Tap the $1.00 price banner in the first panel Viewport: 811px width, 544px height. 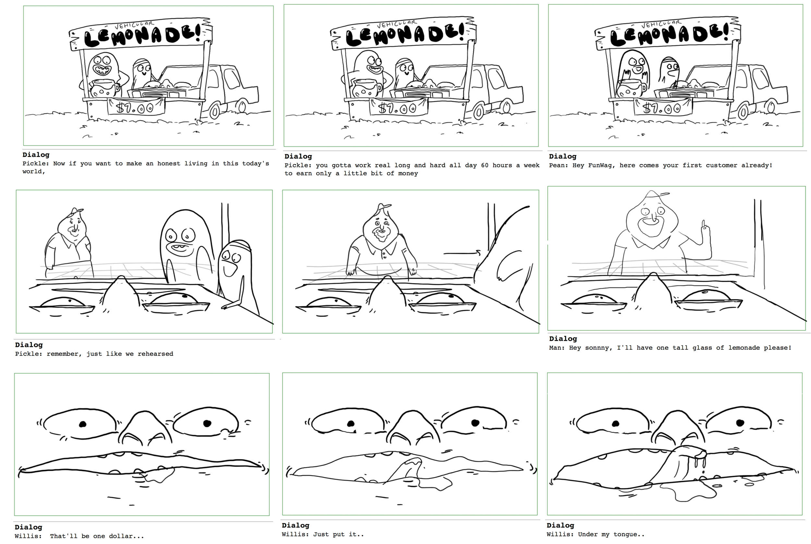[x=135, y=107]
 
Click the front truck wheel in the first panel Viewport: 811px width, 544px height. [x=214, y=111]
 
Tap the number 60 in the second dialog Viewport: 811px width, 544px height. [x=485, y=165]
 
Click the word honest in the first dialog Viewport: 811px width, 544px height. [x=168, y=164]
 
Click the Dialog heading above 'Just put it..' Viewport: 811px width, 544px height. [x=296, y=525]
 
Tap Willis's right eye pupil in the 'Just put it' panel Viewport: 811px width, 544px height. [x=475, y=422]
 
